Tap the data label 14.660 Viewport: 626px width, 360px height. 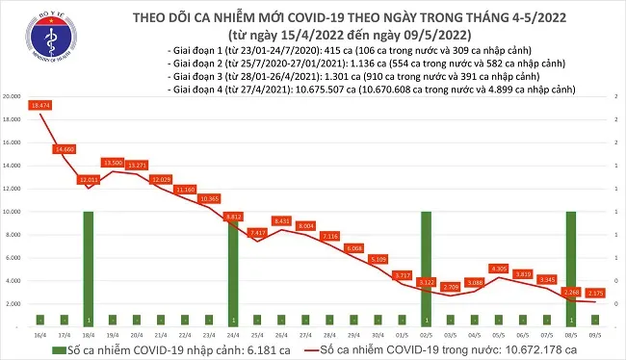click(65, 149)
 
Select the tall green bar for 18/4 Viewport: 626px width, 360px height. click(89, 270)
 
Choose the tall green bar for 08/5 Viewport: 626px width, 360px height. click(571, 270)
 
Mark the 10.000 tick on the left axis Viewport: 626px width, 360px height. click(13, 212)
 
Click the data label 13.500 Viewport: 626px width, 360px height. click(113, 163)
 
